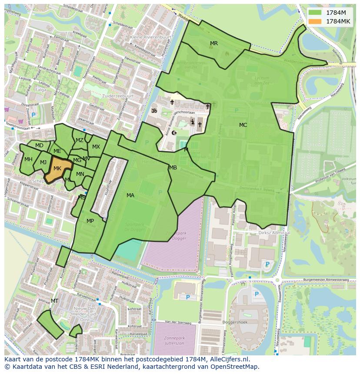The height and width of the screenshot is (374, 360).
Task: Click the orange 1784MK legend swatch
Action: [x=316, y=21]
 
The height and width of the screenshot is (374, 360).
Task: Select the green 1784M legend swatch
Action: [x=316, y=13]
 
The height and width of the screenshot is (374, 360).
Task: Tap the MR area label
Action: [x=214, y=43]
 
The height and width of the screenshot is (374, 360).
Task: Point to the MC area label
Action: [x=243, y=125]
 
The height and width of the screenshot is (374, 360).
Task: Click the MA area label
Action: [x=130, y=195]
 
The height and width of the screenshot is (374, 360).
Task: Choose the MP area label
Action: [x=90, y=221]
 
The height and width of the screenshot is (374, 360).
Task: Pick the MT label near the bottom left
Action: [x=54, y=301]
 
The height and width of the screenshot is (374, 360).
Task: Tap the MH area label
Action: [x=28, y=159]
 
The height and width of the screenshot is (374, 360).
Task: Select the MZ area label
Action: [x=80, y=140]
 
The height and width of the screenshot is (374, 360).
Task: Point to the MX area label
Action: [x=96, y=147]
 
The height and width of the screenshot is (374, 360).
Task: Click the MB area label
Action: [x=173, y=168]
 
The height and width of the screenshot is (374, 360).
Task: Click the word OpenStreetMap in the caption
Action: [x=235, y=367]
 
